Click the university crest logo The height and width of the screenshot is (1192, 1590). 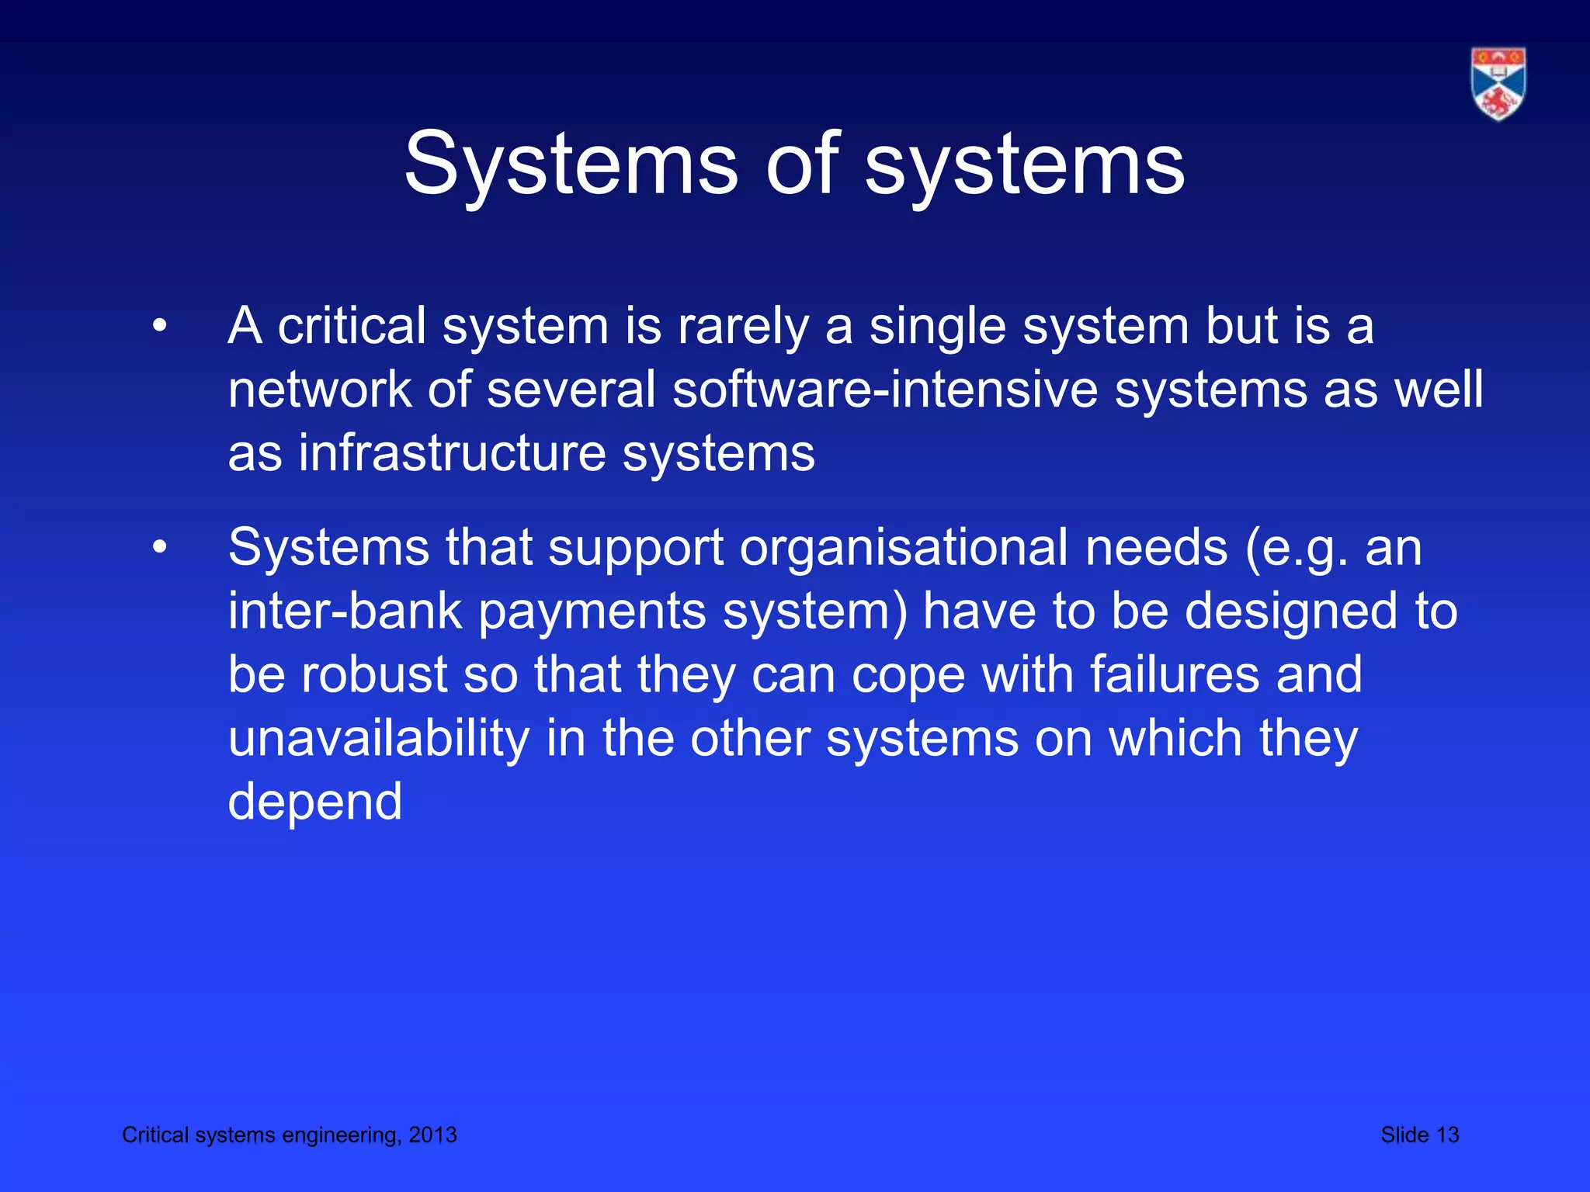tap(1498, 84)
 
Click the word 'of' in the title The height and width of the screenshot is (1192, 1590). tap(803, 164)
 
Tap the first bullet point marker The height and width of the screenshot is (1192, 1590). tap(160, 326)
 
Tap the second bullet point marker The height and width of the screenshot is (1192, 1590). tap(160, 548)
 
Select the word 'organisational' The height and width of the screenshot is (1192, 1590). tap(904, 548)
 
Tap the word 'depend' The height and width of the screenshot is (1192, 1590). tap(315, 802)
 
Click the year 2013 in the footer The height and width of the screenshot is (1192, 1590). tap(432, 1135)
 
